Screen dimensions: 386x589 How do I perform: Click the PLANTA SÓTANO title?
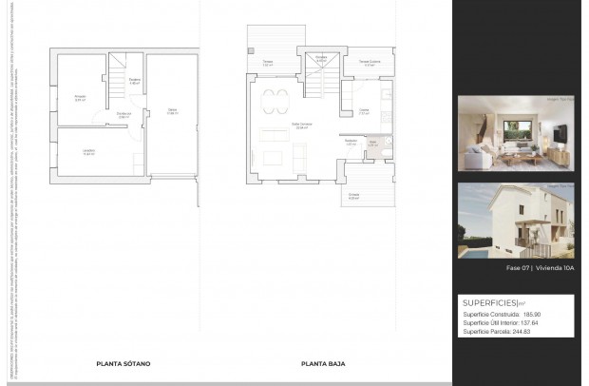coord(123,363)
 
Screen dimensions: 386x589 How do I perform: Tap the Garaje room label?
coord(172,112)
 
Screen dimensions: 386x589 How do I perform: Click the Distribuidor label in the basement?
coord(123,115)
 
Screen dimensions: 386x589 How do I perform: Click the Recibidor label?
coord(351,143)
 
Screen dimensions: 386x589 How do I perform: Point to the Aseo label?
coord(372,145)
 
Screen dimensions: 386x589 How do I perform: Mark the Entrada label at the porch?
coord(353,196)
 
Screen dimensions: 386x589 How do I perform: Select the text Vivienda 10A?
coord(555,269)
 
